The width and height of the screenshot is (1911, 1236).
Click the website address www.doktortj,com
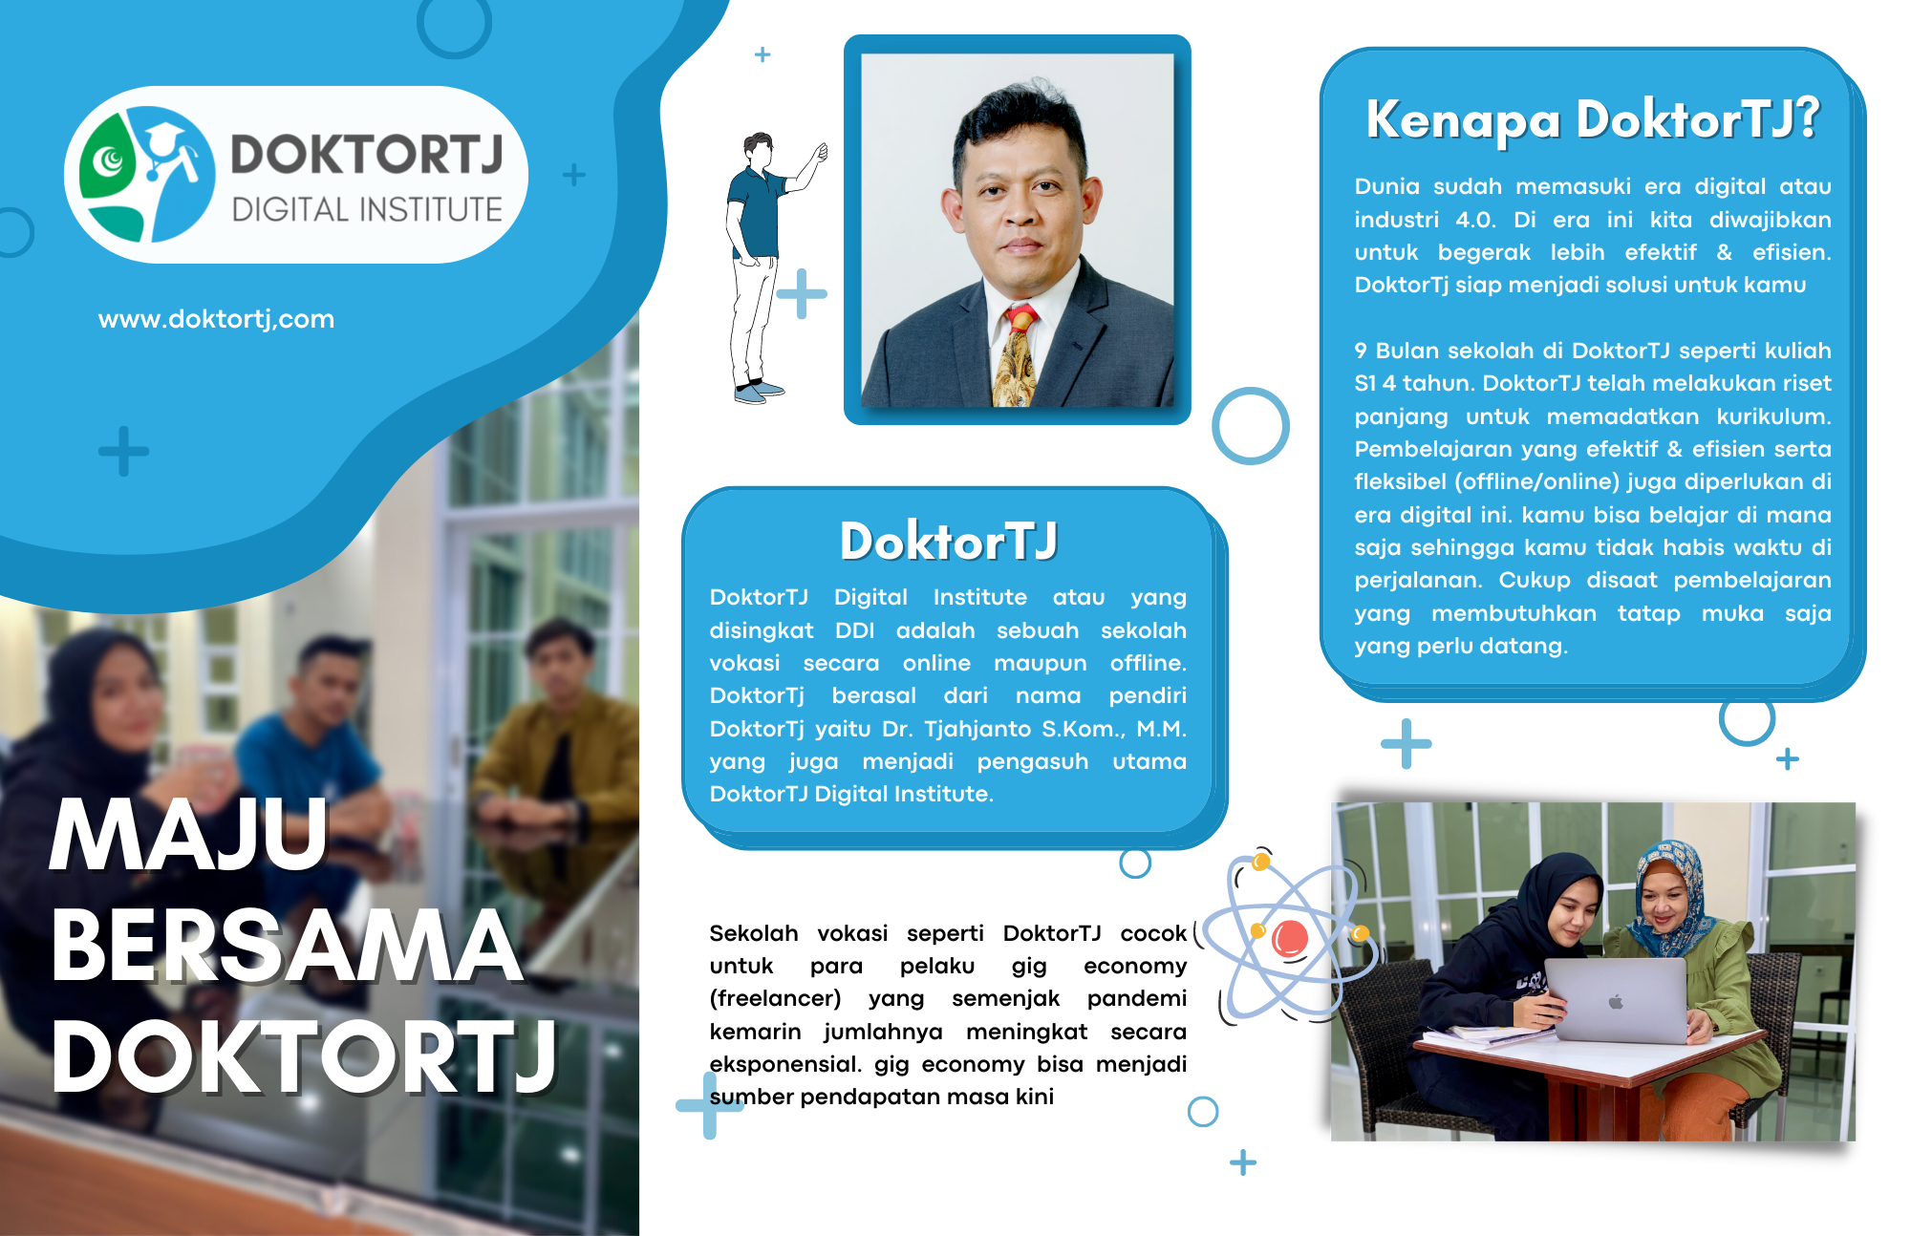coord(216,319)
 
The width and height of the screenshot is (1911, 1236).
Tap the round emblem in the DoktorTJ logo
coord(146,174)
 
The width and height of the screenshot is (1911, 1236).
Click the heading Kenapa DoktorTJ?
coord(1593,119)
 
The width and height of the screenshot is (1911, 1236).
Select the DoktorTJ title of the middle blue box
coord(949,541)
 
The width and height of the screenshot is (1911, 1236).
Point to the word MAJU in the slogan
coord(189,835)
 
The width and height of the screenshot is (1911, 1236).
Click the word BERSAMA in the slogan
coord(287,946)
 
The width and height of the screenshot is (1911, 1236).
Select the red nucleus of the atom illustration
coord(1289,939)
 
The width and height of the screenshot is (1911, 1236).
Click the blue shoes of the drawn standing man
coord(759,392)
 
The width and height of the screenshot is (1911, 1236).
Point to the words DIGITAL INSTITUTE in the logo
coord(367,209)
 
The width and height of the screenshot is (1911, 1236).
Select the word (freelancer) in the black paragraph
coord(775,998)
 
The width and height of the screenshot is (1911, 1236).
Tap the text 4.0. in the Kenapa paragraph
coord(1476,220)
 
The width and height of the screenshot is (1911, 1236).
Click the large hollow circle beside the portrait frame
coord(1251,426)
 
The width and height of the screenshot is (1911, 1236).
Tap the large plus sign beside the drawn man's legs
coord(802,293)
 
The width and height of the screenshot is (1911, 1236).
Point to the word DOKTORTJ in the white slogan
coord(304,1056)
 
